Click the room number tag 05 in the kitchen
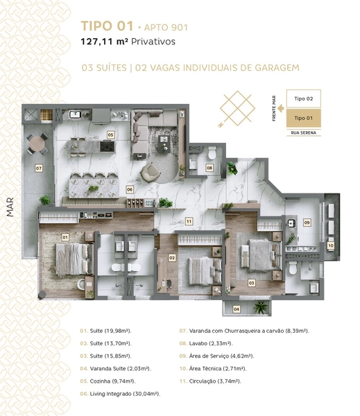point(110,135)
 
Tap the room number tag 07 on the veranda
point(39,168)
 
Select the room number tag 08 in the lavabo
point(209,168)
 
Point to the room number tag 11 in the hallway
point(189,221)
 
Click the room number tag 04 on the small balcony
point(237,309)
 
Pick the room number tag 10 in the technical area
point(331,245)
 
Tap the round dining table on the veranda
point(37,144)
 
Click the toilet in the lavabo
point(212,153)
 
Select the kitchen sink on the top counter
point(75,114)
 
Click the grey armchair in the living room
point(151,173)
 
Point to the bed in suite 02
point(205,271)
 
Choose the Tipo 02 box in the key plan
point(303,98)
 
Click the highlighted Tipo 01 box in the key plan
point(303,118)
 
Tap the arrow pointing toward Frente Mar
point(281,108)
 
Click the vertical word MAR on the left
point(10,207)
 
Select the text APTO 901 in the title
point(166,27)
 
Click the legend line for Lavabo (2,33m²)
point(206,343)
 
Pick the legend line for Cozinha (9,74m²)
point(108,381)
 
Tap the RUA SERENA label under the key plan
point(303,132)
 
